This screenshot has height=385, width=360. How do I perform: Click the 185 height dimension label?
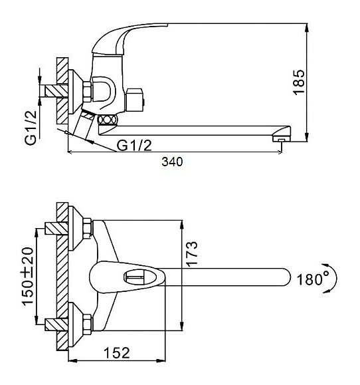pyautogui.click(x=299, y=82)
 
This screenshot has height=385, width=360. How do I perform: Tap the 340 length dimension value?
pyautogui.click(x=172, y=162)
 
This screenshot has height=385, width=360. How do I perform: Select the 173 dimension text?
pyautogui.click(x=191, y=254)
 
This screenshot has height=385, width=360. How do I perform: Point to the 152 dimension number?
pyautogui.click(x=116, y=353)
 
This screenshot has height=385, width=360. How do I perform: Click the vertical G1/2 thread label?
pyautogui.click(x=31, y=128)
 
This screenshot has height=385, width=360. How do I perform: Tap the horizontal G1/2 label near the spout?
pyautogui.click(x=134, y=146)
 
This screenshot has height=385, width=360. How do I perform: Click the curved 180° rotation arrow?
pyautogui.click(x=333, y=278)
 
